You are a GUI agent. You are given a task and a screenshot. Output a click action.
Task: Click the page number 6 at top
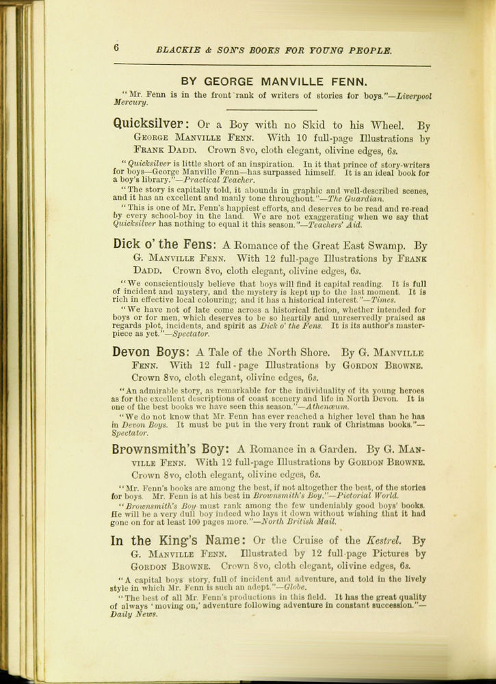click(x=117, y=47)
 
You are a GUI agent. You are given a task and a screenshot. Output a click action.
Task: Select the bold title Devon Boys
click(x=151, y=353)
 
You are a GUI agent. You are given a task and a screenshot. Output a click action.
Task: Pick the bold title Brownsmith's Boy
click(x=170, y=450)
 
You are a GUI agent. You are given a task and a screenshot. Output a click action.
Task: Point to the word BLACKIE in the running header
click(x=177, y=51)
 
